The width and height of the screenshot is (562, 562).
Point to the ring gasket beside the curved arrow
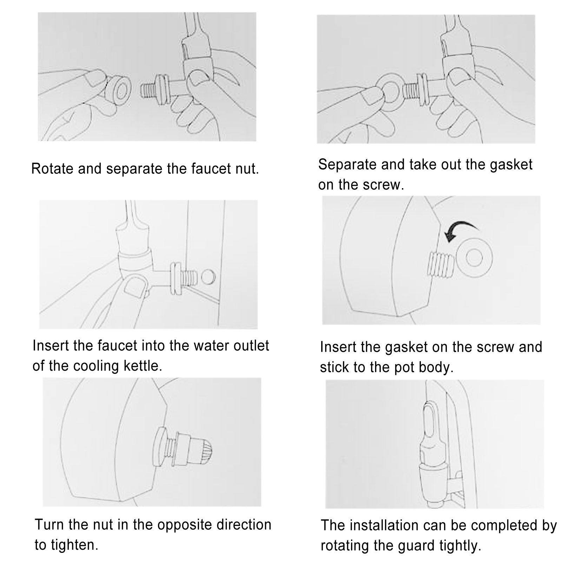point(475,258)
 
